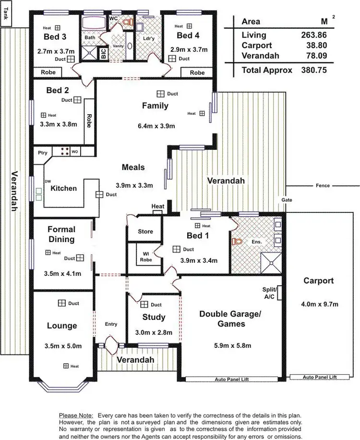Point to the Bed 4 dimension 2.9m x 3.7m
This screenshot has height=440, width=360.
188,49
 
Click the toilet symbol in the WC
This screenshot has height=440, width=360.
127,22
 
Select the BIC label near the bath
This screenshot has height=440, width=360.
103,54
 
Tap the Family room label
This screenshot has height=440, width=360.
155,106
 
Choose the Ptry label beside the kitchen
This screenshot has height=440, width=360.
43,153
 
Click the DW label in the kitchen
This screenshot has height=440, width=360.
48,181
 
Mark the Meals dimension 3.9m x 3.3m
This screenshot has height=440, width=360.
134,185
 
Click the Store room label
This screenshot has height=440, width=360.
145,232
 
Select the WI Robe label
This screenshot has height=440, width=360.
145,257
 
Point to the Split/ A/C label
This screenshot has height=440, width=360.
269,293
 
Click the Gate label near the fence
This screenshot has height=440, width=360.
287,200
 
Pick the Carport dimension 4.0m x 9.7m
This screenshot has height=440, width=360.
319,304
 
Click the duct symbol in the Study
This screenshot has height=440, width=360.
144,305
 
